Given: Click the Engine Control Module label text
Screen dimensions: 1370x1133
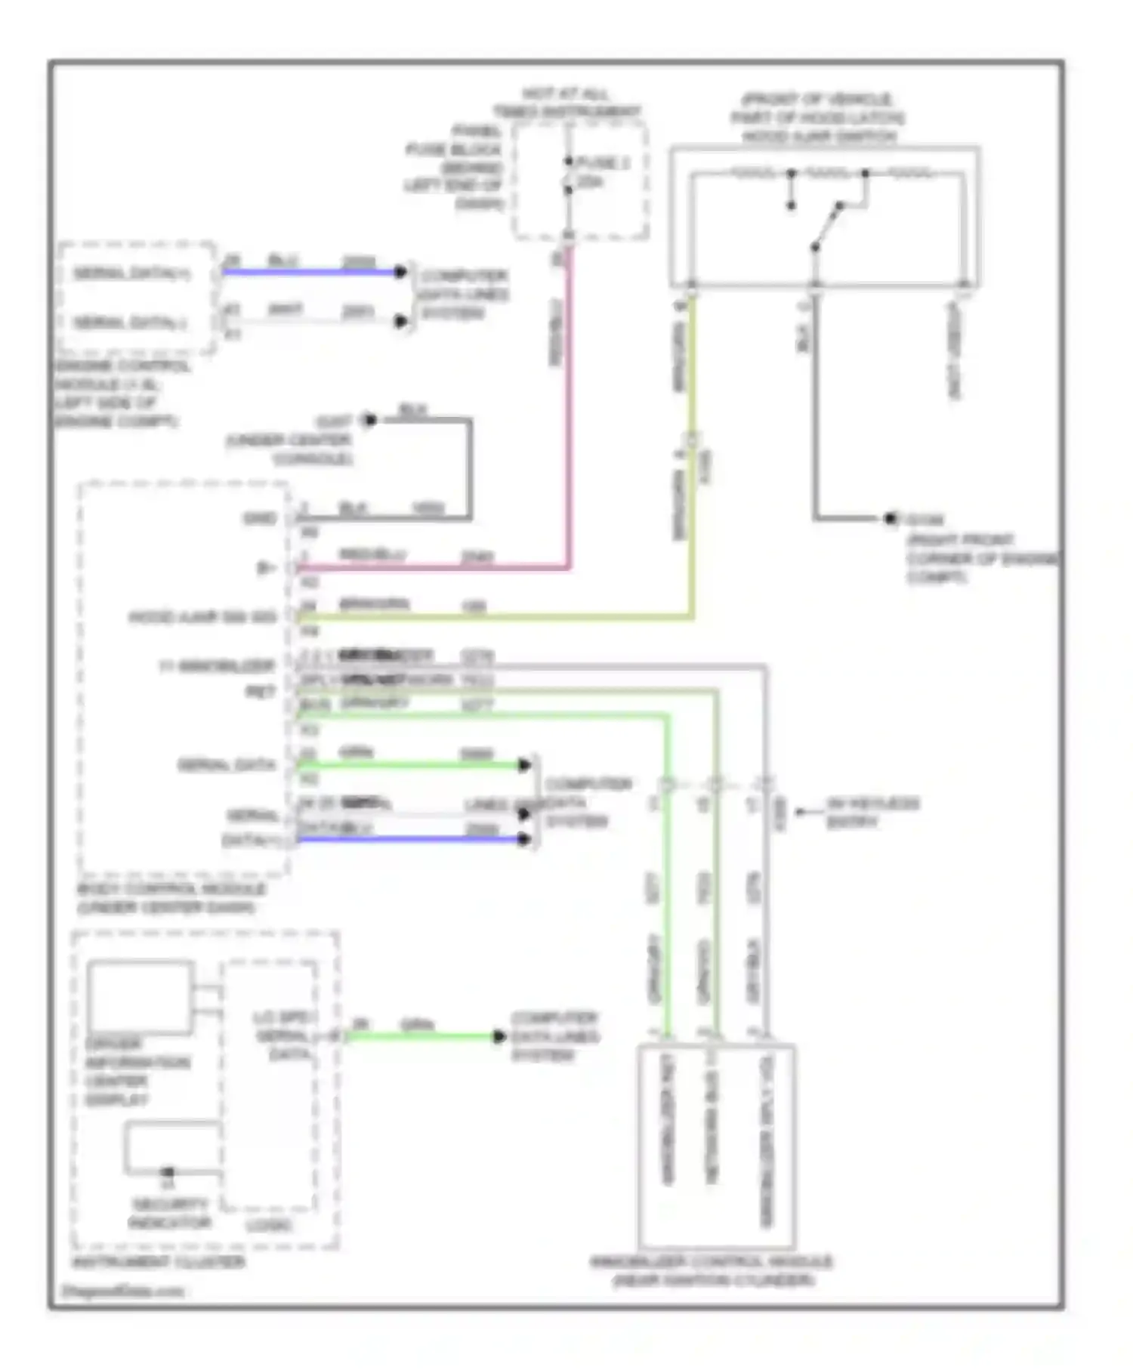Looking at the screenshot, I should coord(121,393).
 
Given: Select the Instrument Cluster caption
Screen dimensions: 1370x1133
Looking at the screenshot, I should coord(158,1262).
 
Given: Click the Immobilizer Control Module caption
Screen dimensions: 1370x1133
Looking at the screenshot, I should coord(712,1270).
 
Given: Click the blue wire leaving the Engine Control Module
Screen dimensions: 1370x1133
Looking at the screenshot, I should coord(310,272).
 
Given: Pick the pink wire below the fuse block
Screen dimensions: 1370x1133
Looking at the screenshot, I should coord(569,408).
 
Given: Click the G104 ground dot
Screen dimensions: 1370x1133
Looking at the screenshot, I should coord(891,519).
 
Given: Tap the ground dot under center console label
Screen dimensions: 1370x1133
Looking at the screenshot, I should coord(369,420).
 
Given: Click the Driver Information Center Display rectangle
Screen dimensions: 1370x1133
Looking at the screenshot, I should coord(140,997).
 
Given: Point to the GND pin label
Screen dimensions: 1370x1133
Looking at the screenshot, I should coord(260,518).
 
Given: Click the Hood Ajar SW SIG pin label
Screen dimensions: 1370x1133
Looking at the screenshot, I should coord(202,617).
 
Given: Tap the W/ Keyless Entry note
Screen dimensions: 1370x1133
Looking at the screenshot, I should coord(872,812).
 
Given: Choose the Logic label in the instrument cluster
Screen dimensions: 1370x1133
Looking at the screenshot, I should coord(270,1225).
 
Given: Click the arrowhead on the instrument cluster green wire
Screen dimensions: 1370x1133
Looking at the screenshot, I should coord(499,1036).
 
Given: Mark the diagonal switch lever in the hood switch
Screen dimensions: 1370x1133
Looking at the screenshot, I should coord(827,225).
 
